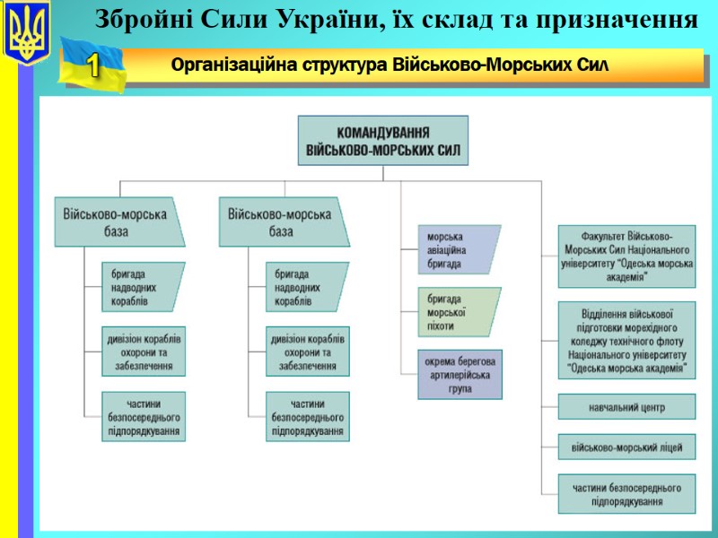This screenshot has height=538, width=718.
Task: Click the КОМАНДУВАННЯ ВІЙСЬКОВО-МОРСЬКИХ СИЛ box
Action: [x=383, y=140]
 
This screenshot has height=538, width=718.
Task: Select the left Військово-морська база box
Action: [x=117, y=221]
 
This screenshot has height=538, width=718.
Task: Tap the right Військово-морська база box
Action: [x=281, y=221]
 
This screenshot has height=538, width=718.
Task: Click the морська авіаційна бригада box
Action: [x=458, y=248]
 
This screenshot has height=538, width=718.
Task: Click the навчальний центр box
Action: [x=626, y=407]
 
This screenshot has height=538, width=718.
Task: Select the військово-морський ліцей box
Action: [x=626, y=447]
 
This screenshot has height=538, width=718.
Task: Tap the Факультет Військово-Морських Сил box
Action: [x=626, y=256]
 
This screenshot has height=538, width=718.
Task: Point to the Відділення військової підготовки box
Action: [x=626, y=340]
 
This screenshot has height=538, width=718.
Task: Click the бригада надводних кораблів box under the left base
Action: [x=142, y=287]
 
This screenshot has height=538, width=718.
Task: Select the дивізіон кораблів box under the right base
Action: [x=308, y=351]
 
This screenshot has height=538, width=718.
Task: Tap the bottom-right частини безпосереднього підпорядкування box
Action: [x=626, y=494]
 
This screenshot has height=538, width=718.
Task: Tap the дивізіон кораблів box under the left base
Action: [x=144, y=351]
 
